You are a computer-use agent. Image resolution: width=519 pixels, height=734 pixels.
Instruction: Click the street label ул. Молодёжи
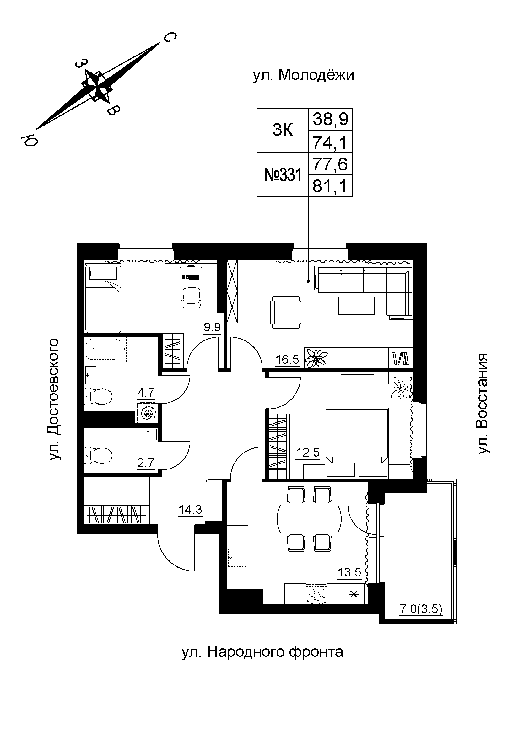304,76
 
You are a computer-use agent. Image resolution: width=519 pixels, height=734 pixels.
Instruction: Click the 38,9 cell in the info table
330,119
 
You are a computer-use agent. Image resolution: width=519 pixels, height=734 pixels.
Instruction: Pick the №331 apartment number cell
283,175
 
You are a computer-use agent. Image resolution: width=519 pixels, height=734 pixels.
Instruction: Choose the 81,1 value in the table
330,186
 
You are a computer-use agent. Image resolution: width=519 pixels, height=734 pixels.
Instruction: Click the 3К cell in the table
283,131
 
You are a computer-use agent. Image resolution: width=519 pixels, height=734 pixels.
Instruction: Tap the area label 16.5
287,360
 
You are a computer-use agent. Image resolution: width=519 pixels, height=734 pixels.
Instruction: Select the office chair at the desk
192,297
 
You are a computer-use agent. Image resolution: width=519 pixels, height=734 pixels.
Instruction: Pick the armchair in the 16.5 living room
286,312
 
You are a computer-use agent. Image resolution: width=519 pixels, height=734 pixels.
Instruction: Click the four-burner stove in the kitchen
316,594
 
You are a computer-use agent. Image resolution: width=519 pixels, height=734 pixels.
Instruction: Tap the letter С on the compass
170,38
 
